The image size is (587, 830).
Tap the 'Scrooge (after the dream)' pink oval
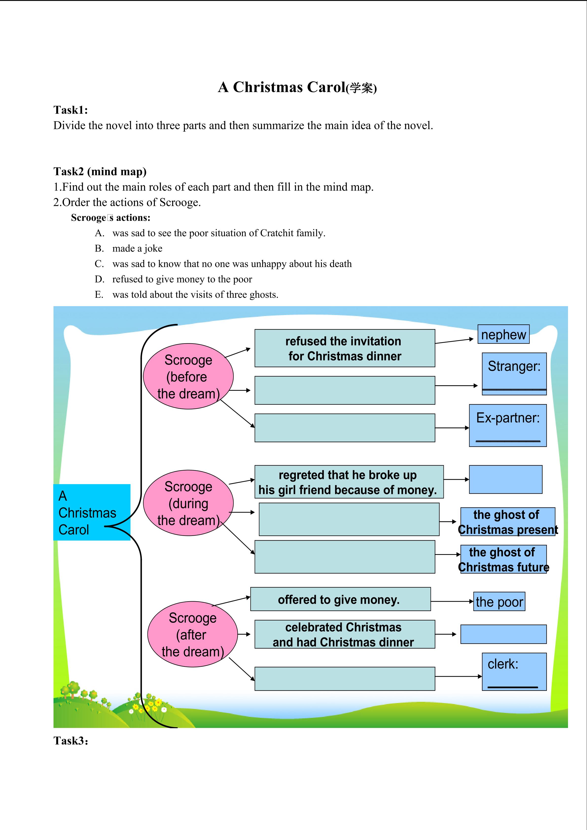tap(192, 635)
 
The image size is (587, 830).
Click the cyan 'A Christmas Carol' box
tap(92, 512)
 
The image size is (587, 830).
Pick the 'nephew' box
tap(503, 334)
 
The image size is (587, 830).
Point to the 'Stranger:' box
tap(514, 374)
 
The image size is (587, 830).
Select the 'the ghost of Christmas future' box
tap(503, 559)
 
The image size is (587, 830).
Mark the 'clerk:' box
tap(514, 672)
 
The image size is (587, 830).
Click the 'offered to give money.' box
tap(340, 599)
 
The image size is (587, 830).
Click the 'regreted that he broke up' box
tap(349, 482)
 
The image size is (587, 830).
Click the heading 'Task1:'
tap(71, 110)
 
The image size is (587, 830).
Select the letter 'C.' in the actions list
tap(99, 264)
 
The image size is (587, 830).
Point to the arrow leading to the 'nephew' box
tap(454, 341)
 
